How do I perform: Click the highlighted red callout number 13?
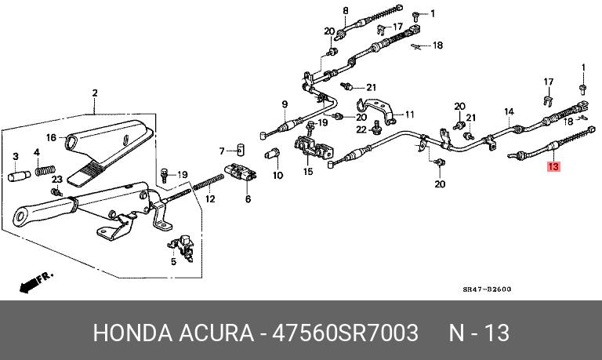click(x=553, y=166)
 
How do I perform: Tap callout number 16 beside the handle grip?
click(x=15, y=155)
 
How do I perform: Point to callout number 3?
click(x=36, y=152)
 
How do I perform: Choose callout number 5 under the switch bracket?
click(x=248, y=200)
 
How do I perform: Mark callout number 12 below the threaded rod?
click(x=222, y=151)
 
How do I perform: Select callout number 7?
click(x=285, y=104)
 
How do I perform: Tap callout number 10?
click(x=277, y=176)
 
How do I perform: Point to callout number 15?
click(x=408, y=115)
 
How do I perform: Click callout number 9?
click(x=210, y=200)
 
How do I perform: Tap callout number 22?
click(x=361, y=129)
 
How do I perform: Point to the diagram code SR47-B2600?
click(x=485, y=289)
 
